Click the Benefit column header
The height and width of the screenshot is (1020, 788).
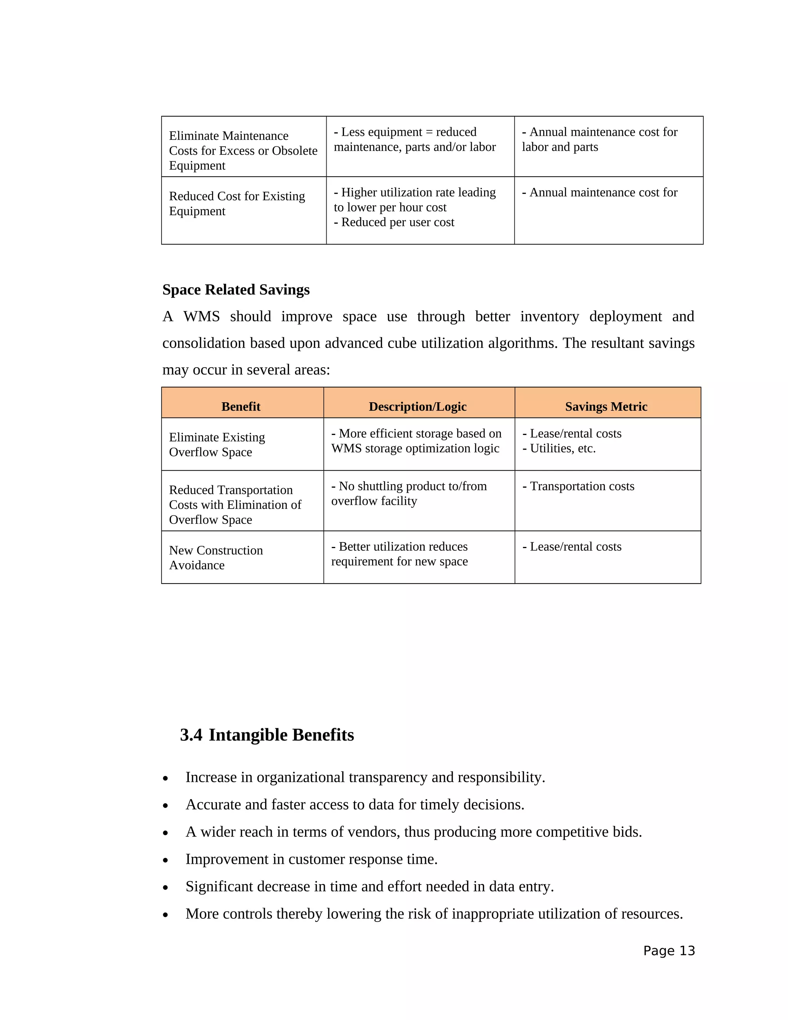click(240, 406)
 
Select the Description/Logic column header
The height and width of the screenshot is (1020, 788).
click(417, 406)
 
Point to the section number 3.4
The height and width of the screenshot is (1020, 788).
click(191, 735)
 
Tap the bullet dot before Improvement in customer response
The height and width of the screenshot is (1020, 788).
click(165, 860)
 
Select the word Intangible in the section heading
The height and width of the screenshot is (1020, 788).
click(248, 735)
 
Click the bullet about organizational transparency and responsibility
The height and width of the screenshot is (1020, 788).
click(365, 777)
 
